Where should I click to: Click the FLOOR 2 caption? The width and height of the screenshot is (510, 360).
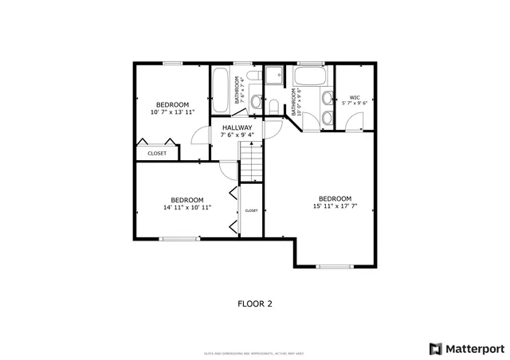pos(255,303)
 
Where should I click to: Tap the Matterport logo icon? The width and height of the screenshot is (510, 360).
pos(434,348)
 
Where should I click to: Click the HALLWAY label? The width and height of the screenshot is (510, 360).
pos(237,127)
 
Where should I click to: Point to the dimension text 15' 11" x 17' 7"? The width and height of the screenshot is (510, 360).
pos(335,206)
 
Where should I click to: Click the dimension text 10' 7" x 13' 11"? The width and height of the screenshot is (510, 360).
pos(172,112)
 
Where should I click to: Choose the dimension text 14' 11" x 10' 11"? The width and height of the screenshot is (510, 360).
pos(187,208)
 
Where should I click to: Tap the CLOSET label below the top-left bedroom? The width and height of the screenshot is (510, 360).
pos(157,153)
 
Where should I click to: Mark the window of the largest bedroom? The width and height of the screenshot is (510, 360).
pos(335,266)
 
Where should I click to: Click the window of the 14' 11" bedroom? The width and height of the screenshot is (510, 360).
pos(179,238)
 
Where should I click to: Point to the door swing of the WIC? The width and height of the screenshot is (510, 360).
pos(355,122)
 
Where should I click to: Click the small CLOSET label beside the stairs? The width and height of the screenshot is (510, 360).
pos(251,210)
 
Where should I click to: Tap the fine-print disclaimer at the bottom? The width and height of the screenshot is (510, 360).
pos(254,353)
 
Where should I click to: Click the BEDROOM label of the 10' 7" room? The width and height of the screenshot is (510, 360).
pos(172,104)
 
